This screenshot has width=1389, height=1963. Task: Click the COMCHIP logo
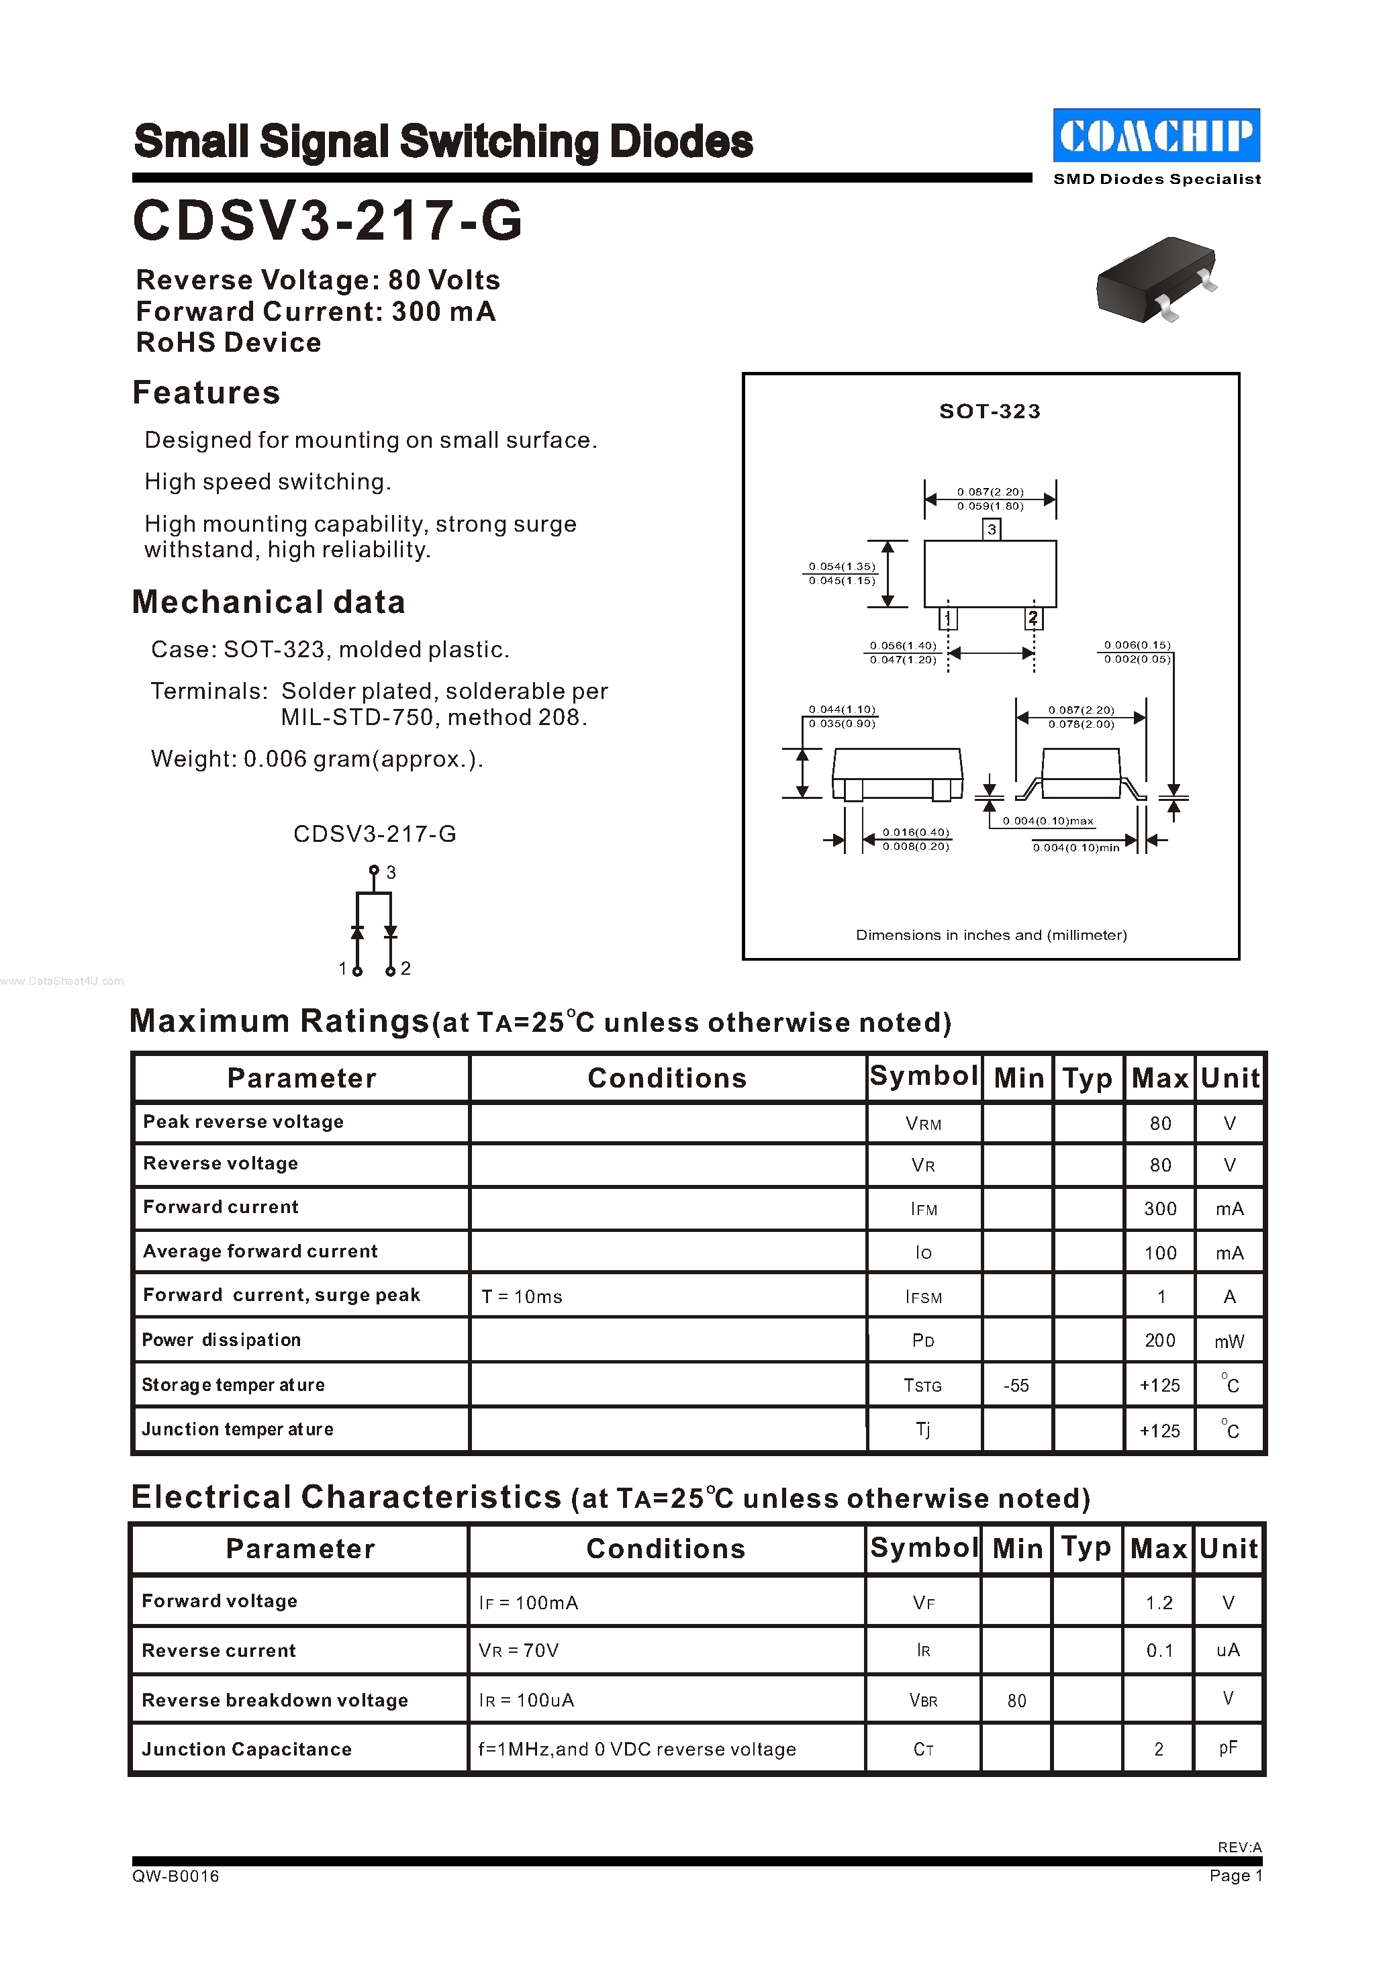click(x=1155, y=135)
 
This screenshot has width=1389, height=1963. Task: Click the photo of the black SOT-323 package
click(x=1155, y=280)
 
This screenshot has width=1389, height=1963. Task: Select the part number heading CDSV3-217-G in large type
click(x=328, y=221)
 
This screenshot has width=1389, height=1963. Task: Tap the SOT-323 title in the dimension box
click(x=990, y=412)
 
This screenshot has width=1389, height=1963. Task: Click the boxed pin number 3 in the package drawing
click(x=992, y=530)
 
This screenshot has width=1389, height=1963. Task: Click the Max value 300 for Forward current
click(x=1160, y=1208)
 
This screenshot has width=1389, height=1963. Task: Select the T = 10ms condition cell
click(x=522, y=1296)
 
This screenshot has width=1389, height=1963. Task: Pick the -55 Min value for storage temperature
click(x=1016, y=1385)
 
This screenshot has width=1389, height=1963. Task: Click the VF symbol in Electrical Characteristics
click(x=923, y=1603)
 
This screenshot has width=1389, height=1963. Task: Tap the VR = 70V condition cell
click(x=518, y=1651)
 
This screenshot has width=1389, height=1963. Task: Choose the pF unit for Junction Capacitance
click(x=1227, y=1748)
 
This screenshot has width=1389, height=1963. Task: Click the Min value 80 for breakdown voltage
click(x=1016, y=1701)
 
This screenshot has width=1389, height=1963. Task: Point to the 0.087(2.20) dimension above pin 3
click(x=990, y=492)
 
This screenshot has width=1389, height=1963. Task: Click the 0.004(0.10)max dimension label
click(x=1048, y=821)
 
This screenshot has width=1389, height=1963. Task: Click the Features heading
click(x=206, y=393)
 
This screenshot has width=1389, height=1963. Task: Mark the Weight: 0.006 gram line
click(x=316, y=759)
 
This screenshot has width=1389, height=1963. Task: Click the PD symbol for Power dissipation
click(x=923, y=1340)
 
